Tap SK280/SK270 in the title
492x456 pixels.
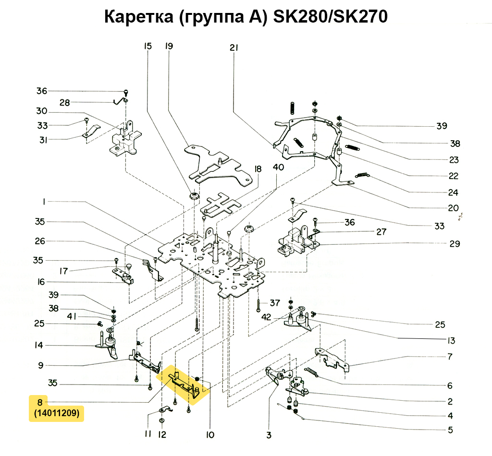330,17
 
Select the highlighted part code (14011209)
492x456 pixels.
57,413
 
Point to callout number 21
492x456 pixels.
234,47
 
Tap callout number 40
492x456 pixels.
278,167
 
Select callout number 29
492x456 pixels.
455,244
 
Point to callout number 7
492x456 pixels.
450,357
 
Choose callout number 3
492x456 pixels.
269,435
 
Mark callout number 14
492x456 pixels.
39,345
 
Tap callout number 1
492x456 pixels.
44,203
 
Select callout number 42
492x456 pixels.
267,317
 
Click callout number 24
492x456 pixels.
453,193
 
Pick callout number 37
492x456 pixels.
274,303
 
